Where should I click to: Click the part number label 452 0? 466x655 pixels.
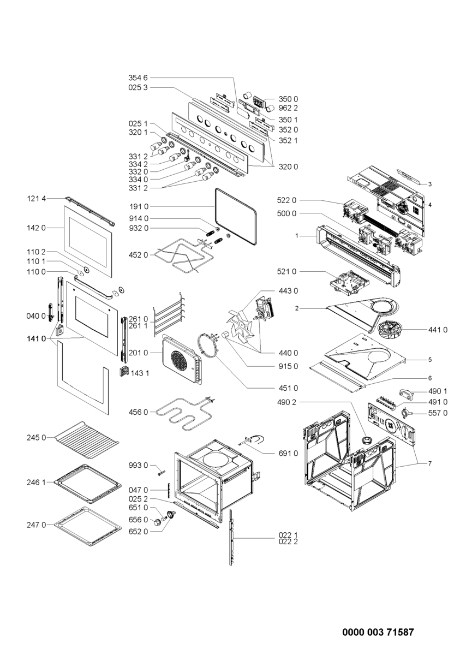tap(138, 255)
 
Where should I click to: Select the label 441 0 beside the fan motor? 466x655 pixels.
tap(438, 330)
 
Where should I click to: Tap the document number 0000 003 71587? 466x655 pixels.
tap(378, 632)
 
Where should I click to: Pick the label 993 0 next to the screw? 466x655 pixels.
tap(138, 465)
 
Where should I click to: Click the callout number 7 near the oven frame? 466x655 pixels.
tap(429, 463)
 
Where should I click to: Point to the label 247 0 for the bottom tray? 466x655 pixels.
tap(37, 525)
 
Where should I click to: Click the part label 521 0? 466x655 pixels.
tap(286, 271)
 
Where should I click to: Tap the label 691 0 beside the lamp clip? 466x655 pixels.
tap(288, 453)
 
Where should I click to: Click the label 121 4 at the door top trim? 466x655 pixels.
tap(37, 199)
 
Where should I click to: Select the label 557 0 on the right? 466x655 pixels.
tap(438, 413)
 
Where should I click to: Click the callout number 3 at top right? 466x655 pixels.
tap(429, 184)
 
